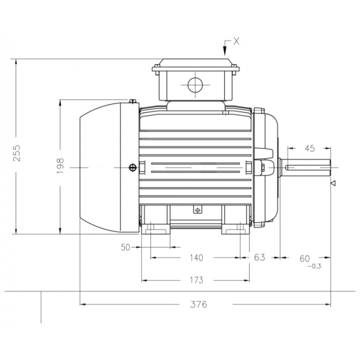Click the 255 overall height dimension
tap(17, 153)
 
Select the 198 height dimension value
tap(60, 166)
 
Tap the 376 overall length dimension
tap(199, 304)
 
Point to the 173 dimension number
tap(196, 280)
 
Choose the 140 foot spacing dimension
tap(196, 258)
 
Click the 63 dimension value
tap(259, 257)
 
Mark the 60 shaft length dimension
tap(305, 259)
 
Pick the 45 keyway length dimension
tap(310, 149)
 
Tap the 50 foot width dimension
tap(125, 247)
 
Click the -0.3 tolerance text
tap(314, 266)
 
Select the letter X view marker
tap(236, 41)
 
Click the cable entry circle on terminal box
tap(195, 85)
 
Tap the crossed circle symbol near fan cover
tap(133, 168)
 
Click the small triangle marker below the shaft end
tap(333, 183)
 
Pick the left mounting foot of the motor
tap(156, 229)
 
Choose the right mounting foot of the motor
tap(236, 229)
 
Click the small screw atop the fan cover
tap(133, 101)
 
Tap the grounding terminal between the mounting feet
tap(197, 210)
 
